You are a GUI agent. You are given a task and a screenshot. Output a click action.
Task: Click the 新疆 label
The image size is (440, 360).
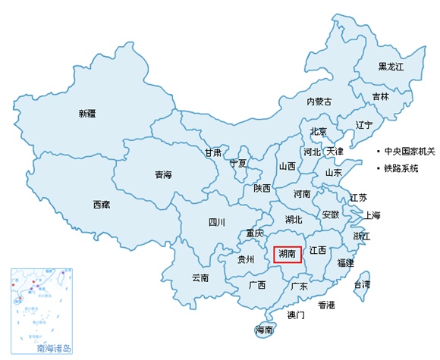pyautogui.click(x=87, y=114)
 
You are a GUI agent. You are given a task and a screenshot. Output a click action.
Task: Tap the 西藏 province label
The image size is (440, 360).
pyautogui.click(x=102, y=205)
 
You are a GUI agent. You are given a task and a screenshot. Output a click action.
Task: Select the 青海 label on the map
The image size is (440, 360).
pyautogui.click(x=163, y=175)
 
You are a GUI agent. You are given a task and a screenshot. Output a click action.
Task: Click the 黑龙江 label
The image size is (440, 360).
pyautogui.click(x=391, y=67)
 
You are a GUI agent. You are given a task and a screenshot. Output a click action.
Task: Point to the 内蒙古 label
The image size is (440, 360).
pyautogui.click(x=319, y=102)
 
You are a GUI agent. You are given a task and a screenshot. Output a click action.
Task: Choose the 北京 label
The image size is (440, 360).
pyautogui.click(x=318, y=132)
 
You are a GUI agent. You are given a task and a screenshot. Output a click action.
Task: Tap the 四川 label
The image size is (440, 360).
pyautogui.click(x=216, y=222)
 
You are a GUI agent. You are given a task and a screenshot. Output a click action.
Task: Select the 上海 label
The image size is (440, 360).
pyautogui.click(x=372, y=215)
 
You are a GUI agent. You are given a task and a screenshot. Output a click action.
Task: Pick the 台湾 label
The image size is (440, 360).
pyautogui.click(x=362, y=285)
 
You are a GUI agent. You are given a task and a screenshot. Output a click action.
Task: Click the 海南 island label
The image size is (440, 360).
pyautogui.click(x=264, y=330)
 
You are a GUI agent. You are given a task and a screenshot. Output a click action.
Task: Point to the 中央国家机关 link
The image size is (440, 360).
pyautogui.click(x=410, y=151)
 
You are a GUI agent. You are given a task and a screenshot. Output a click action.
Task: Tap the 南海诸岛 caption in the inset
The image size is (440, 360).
pyautogui.click(x=54, y=349)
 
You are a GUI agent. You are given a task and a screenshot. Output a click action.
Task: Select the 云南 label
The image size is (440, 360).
pyautogui.click(x=200, y=278)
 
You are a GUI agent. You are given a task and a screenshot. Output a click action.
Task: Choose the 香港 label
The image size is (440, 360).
pyautogui.click(x=326, y=305)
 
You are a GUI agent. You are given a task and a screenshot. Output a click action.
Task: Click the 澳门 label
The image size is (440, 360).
pyautogui.click(x=296, y=314)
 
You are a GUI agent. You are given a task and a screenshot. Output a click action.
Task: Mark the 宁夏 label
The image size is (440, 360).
pyautogui.click(x=238, y=163)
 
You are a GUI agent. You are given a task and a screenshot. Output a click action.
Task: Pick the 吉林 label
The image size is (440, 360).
pyautogui.click(x=380, y=97)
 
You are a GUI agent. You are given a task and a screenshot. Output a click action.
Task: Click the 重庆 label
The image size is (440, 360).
pyautogui.click(x=254, y=233)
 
